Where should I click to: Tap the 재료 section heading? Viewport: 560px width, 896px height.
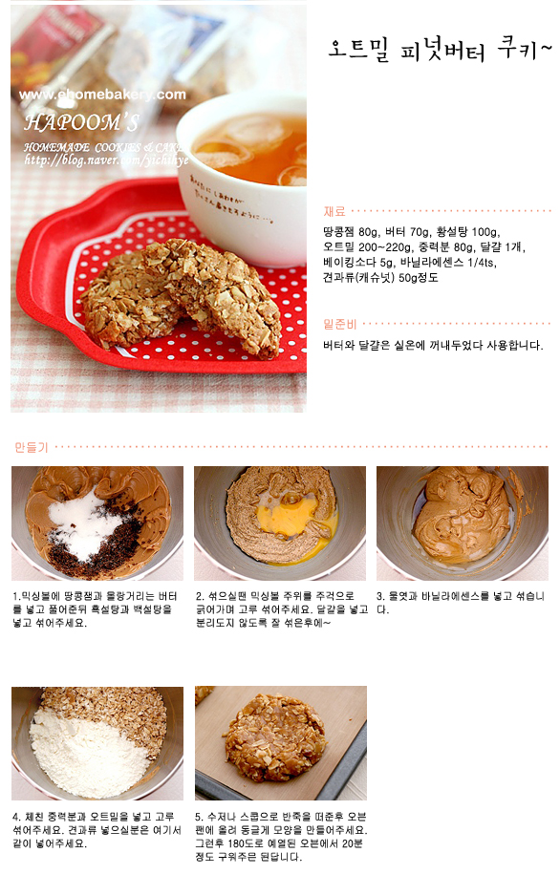click(x=334, y=211)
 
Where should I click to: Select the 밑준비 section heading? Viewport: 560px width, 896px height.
click(x=339, y=324)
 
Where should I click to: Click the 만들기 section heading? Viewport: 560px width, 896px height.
click(x=32, y=447)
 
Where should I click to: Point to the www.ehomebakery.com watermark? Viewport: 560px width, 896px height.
click(x=102, y=95)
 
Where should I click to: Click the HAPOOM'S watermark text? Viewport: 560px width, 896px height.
click(x=82, y=121)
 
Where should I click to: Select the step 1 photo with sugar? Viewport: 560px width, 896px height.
click(x=97, y=523)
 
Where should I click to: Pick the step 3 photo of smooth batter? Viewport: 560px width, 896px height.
click(x=462, y=523)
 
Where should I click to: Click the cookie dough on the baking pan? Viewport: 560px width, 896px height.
click(x=275, y=737)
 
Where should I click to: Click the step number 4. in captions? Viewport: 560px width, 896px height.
click(x=17, y=817)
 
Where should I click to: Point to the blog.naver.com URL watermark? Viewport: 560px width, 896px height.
click(x=106, y=160)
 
